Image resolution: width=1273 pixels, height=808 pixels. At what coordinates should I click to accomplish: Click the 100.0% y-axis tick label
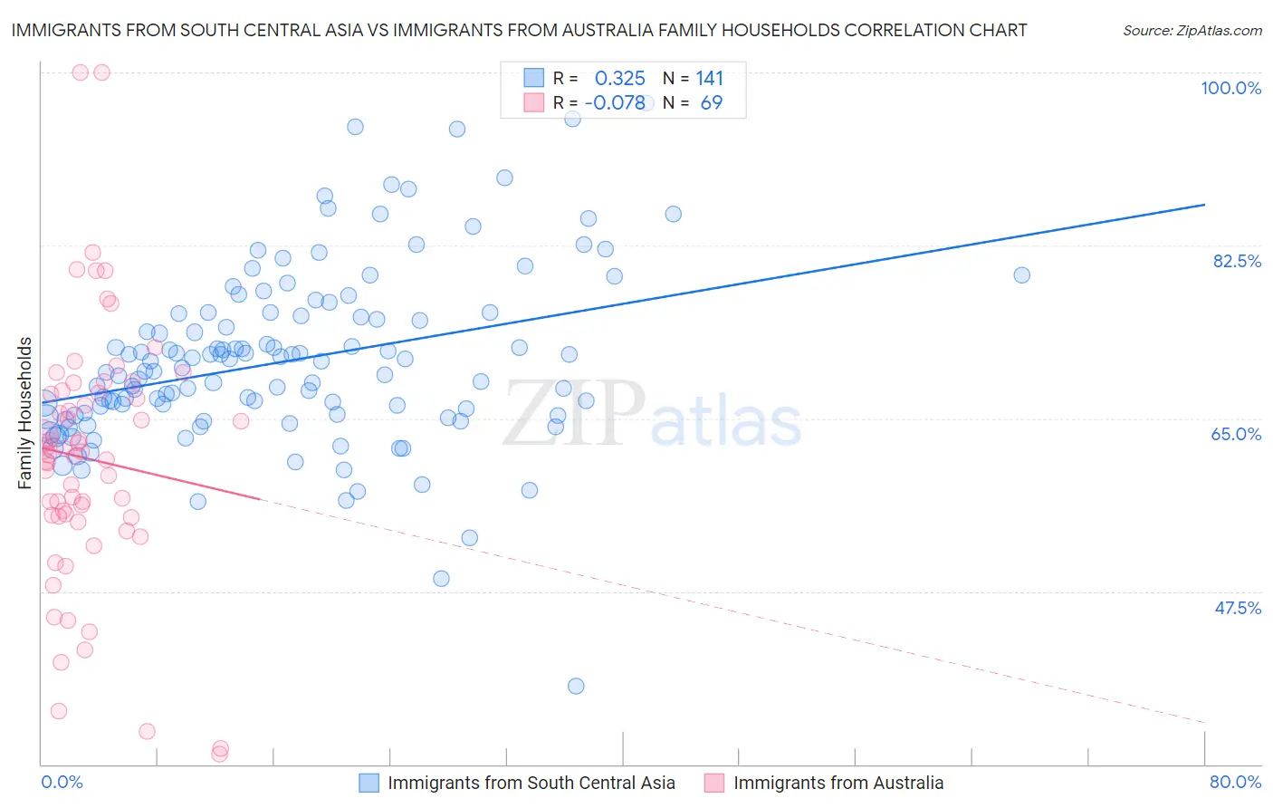click(1230, 88)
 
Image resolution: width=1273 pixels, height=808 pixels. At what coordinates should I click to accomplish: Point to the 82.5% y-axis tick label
click(1237, 261)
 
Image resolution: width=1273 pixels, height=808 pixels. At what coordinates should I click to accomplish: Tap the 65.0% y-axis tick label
click(1236, 434)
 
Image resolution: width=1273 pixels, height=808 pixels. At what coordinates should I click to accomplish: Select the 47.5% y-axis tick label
click(1237, 608)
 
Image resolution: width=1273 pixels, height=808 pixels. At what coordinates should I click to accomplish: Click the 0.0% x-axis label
click(62, 782)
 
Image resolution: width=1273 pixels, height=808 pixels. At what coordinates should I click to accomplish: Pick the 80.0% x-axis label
click(1235, 782)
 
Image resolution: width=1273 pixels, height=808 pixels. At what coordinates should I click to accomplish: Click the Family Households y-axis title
click(25, 413)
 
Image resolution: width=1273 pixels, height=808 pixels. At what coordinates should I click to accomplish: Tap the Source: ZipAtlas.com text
click(1192, 31)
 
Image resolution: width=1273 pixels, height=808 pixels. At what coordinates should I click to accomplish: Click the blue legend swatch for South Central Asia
click(368, 783)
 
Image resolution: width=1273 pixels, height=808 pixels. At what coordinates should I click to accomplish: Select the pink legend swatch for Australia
click(714, 783)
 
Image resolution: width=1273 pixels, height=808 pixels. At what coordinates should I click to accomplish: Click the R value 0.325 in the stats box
click(619, 79)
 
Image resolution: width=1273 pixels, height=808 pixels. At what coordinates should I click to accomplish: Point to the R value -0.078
click(615, 103)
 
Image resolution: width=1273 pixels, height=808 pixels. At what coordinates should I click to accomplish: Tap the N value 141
click(709, 79)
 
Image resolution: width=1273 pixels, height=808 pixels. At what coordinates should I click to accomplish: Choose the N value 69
click(711, 103)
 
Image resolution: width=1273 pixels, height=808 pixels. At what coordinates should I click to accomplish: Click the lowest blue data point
click(576, 686)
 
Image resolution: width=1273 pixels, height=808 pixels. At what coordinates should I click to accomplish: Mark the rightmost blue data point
click(1021, 275)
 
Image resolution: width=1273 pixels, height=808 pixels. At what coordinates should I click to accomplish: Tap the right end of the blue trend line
click(1204, 205)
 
